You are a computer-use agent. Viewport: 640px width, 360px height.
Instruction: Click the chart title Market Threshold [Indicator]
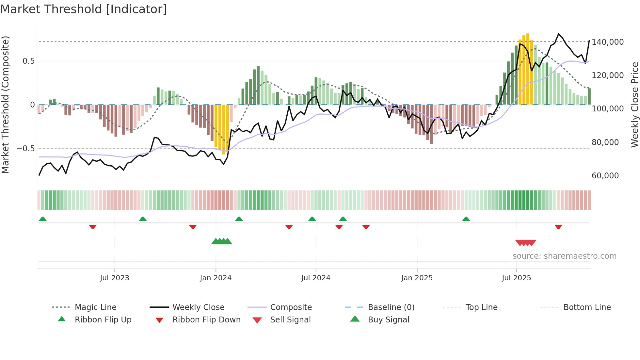[x=84, y=9]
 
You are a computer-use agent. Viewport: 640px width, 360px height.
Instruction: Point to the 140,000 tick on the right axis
[x=607, y=42]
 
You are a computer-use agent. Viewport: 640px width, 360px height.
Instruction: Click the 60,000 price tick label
[x=605, y=176]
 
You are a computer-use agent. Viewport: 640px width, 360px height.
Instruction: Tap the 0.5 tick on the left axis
[x=29, y=61]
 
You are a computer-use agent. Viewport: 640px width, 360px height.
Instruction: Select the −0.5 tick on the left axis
[x=25, y=149]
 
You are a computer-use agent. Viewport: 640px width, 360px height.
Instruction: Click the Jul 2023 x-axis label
[x=115, y=278]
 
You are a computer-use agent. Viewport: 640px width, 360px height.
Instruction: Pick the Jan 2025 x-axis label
[x=417, y=278]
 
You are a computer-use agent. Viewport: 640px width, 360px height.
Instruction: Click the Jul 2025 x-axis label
[x=516, y=278]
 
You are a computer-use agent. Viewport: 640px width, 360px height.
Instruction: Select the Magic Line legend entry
[x=95, y=307]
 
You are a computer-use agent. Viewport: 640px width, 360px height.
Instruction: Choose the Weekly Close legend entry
[x=198, y=307]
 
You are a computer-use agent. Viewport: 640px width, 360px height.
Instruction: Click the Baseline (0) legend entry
[x=391, y=307]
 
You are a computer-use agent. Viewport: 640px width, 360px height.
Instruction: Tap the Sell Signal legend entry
[x=290, y=320]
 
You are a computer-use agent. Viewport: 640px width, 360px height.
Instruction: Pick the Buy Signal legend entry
[x=388, y=320]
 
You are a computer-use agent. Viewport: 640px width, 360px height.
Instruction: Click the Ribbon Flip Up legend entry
[x=103, y=320]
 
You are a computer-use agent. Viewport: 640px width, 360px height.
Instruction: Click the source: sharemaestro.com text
[x=564, y=256]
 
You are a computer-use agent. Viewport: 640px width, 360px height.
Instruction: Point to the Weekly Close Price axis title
[x=634, y=105]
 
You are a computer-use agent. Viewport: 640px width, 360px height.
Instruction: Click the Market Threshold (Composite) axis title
[x=5, y=105]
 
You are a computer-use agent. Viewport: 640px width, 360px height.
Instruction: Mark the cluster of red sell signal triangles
[x=526, y=243]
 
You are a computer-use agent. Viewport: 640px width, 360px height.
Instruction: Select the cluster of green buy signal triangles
[x=222, y=241]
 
